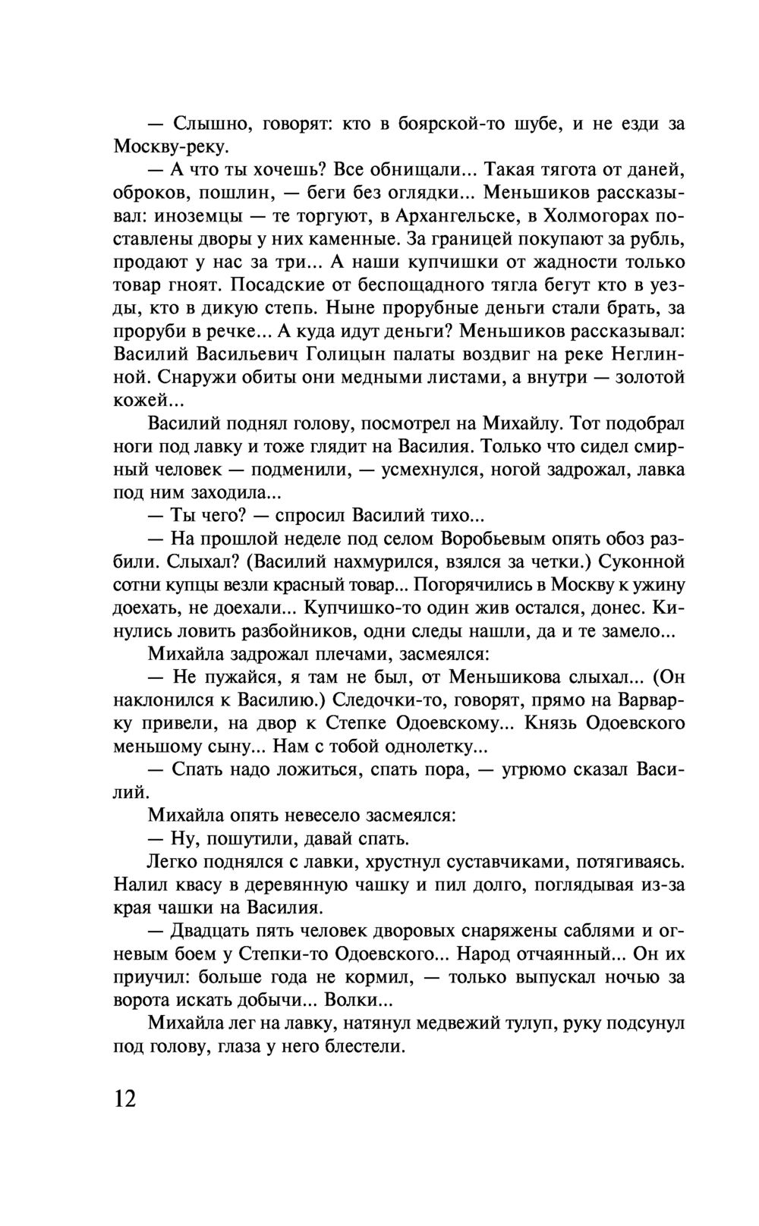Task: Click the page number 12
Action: coord(125,1098)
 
